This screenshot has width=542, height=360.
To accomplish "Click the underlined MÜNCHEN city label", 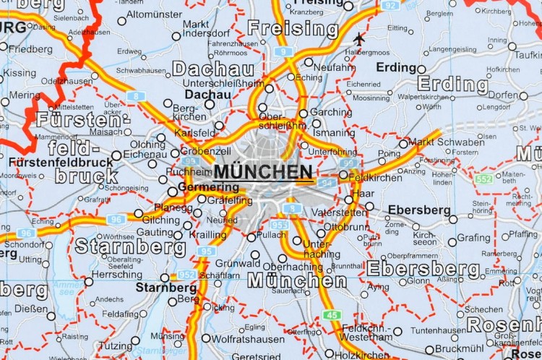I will point(264,172).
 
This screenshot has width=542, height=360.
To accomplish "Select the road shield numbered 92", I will point(390,5).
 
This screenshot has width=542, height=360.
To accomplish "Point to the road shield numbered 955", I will point(280,225).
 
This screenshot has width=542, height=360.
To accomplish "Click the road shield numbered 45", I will point(332,314).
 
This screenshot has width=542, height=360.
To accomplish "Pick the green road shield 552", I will point(483,179).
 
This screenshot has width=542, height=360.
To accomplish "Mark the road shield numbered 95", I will point(207,251).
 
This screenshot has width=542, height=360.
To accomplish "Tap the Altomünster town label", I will point(154,14).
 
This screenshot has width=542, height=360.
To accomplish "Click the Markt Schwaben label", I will point(446,142).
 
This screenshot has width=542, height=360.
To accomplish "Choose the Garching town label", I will point(331,112).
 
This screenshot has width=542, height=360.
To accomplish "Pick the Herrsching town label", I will point(117,275).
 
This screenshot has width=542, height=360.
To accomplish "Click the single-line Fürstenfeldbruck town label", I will point(61,162).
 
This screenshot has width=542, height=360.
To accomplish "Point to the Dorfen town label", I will point(503,95).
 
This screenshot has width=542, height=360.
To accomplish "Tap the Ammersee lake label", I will point(69,288).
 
